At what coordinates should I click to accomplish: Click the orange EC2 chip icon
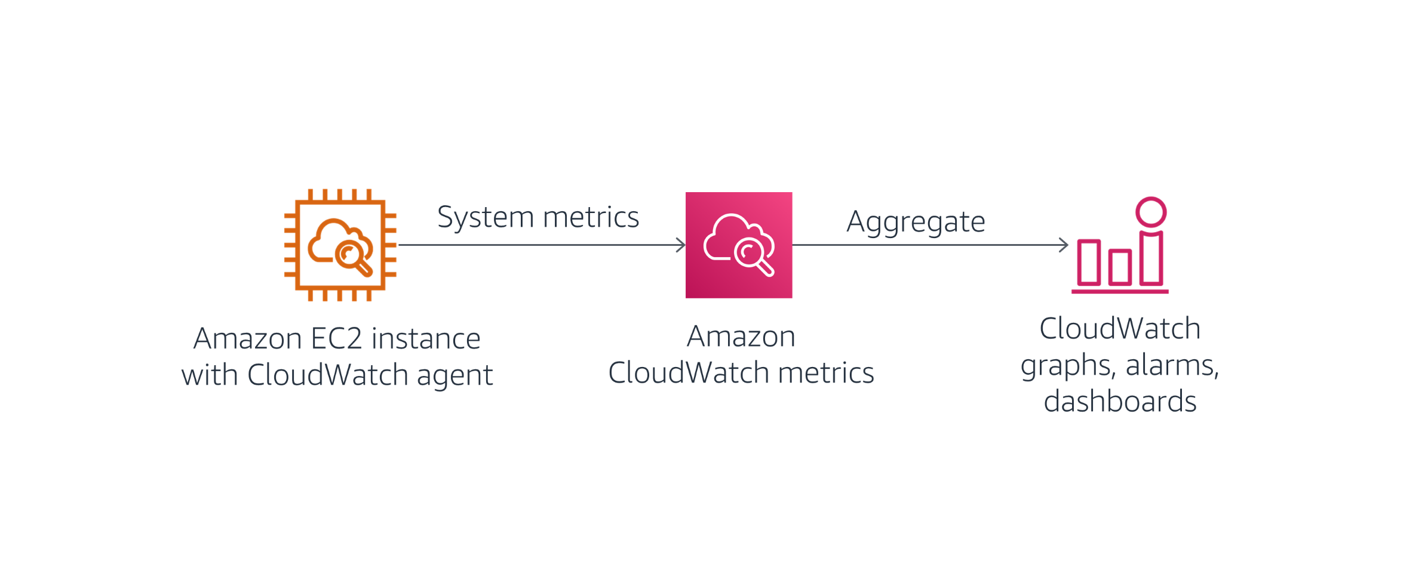coord(340,245)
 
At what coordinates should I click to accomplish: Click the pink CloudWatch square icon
coord(739,245)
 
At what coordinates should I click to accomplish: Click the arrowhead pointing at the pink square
coord(681,245)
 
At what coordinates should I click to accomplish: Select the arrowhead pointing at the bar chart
coord(1064,245)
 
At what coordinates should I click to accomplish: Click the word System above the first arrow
coord(486,217)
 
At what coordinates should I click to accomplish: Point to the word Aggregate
coord(916,222)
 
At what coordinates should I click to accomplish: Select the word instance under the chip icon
coord(426,339)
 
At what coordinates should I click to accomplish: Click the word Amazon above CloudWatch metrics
coord(741,337)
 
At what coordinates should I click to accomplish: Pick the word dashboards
coord(1120,401)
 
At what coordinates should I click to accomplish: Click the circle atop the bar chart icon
coord(1151,212)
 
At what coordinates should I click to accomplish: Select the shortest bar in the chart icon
coord(1120,267)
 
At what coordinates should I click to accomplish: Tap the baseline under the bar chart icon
coord(1120,291)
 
